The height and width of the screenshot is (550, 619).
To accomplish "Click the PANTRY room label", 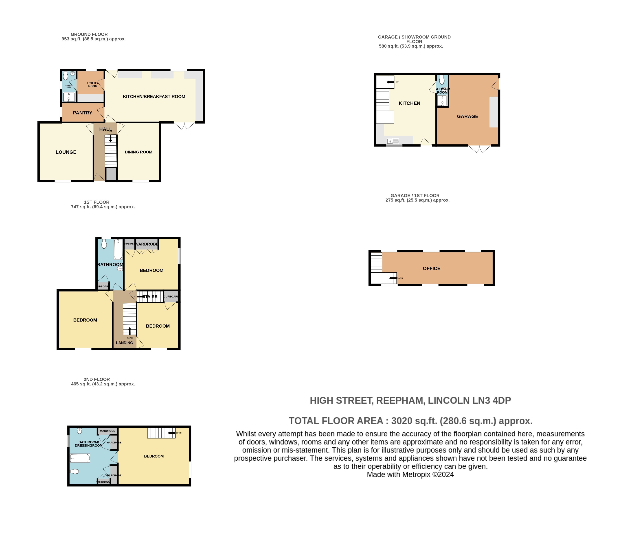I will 82,113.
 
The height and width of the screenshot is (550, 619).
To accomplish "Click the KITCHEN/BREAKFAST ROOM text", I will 154,96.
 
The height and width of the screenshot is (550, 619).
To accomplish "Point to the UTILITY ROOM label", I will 93,84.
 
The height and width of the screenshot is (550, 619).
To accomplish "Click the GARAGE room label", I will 467,117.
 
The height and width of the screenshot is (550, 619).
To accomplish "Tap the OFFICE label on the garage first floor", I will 431,268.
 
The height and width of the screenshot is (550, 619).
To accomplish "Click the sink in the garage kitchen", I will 393,141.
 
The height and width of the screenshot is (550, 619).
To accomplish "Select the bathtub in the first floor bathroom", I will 118,249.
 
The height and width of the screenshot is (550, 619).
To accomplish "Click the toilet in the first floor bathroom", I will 104,244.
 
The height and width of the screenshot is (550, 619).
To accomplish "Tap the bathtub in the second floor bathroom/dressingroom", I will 80,458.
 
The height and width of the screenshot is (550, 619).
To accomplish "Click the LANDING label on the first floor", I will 124,343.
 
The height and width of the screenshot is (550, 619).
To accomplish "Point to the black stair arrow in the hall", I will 110,138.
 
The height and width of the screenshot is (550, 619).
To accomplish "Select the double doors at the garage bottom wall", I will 479,149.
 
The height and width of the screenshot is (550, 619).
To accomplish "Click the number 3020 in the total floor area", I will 401,421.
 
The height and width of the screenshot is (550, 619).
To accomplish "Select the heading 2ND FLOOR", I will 97,379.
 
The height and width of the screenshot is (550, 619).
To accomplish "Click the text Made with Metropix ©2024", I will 410,474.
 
